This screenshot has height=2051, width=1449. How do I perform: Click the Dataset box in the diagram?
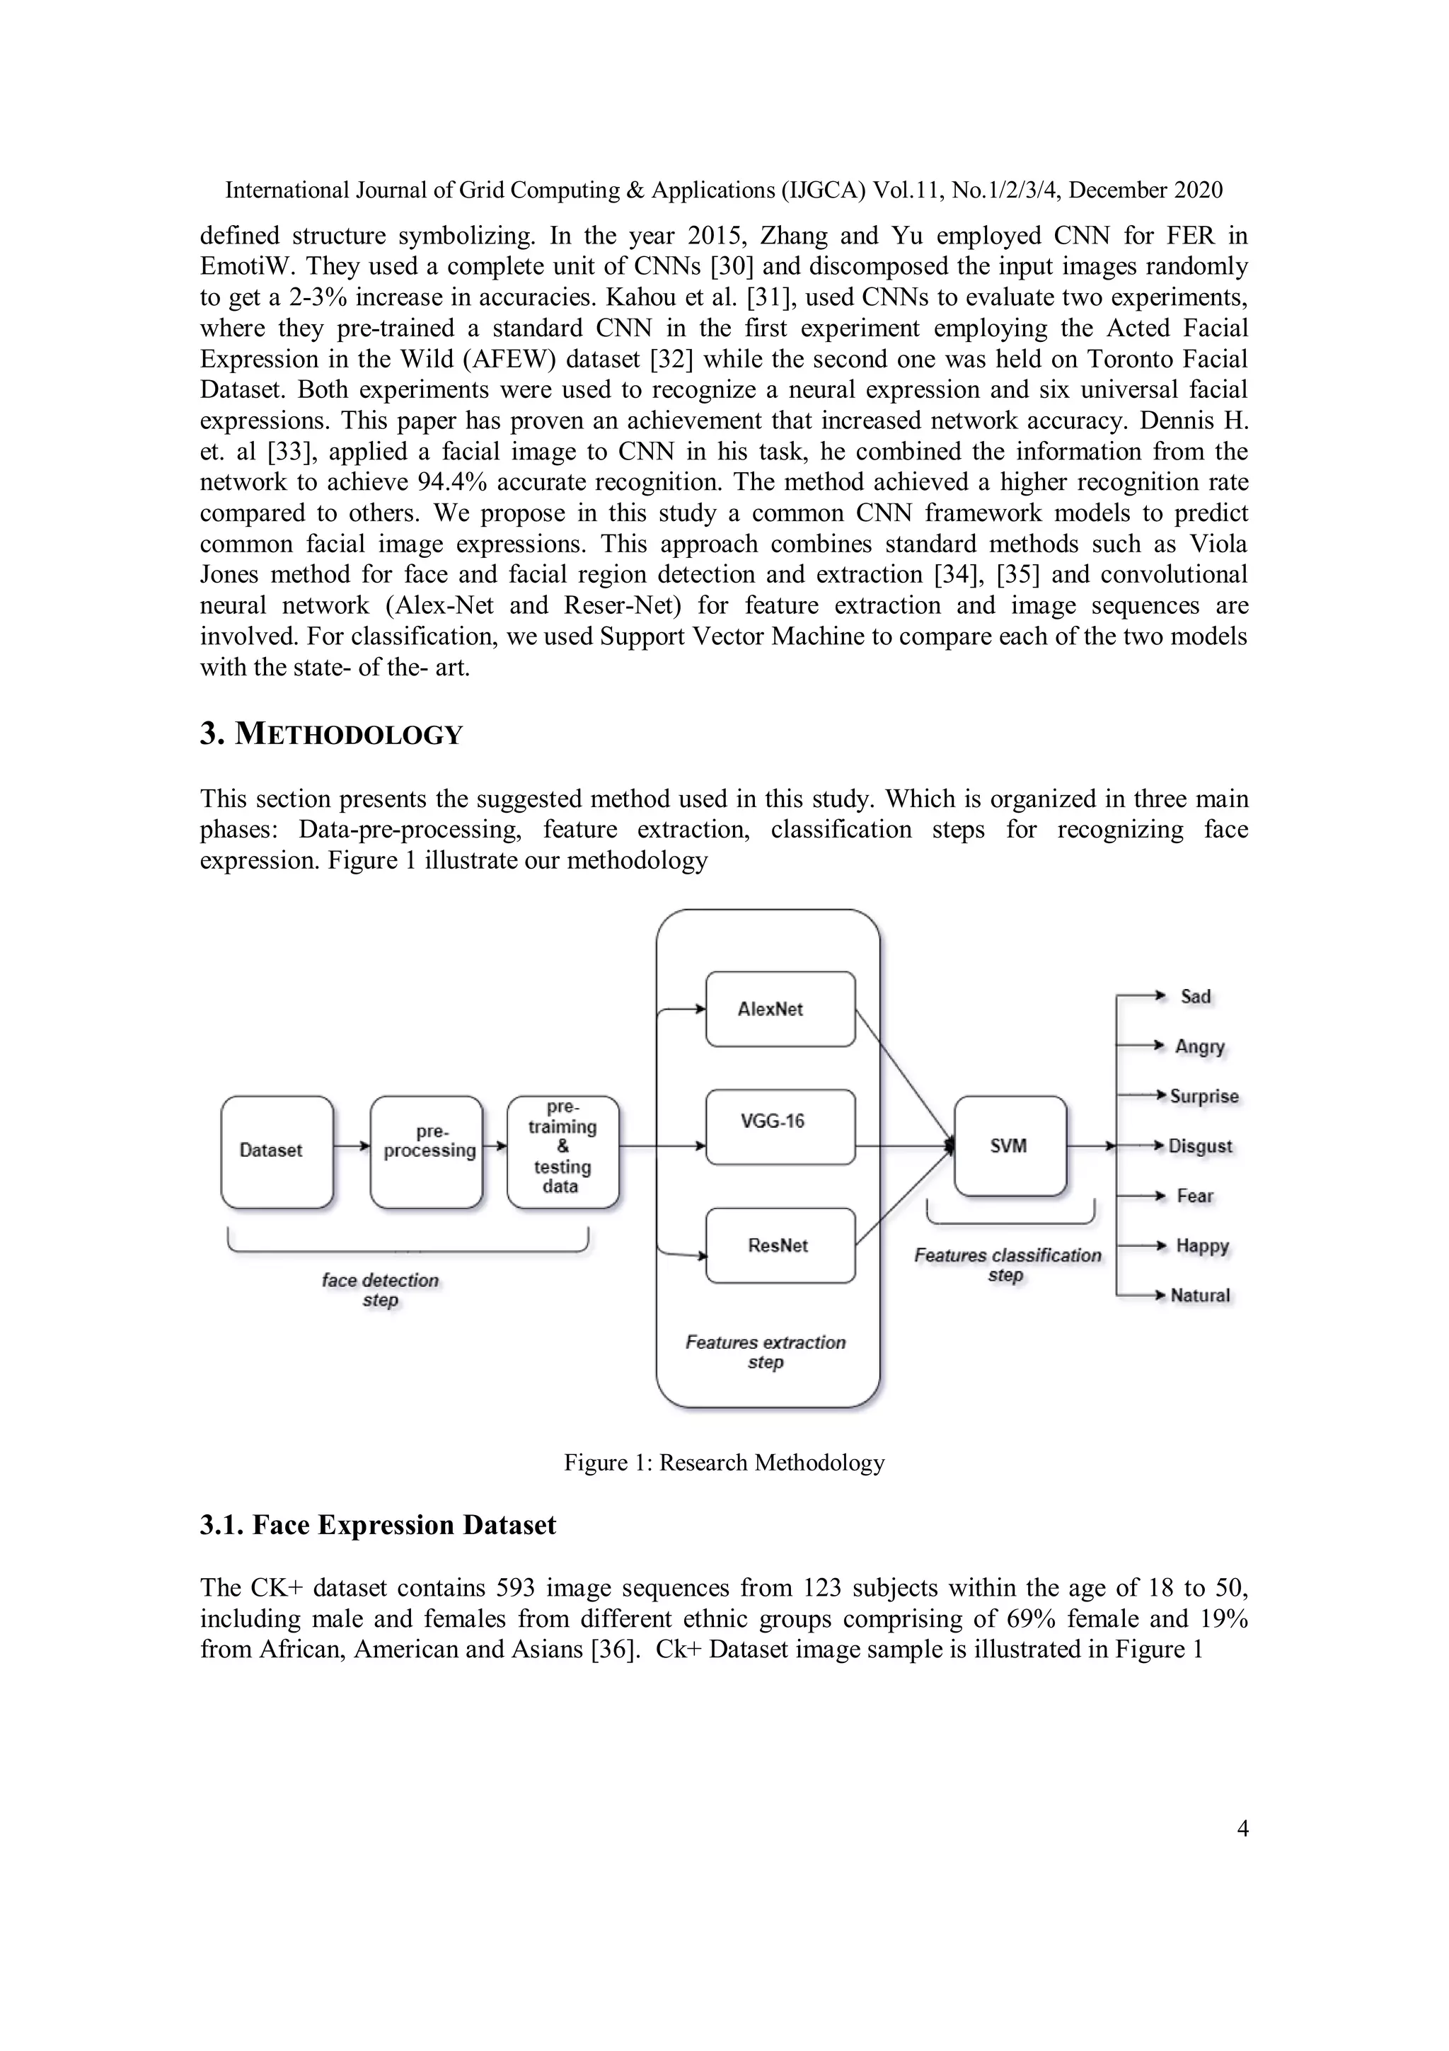[277, 1151]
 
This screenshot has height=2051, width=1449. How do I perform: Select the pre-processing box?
[427, 1151]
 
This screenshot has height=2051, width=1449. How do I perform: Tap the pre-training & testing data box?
[562, 1151]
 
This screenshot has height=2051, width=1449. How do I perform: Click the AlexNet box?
[780, 1009]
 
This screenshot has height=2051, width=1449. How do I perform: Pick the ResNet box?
[780, 1245]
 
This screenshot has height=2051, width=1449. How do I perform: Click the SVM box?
[1010, 1146]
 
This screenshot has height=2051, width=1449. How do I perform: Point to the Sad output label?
[1196, 997]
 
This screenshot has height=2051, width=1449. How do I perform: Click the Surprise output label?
[1203, 1096]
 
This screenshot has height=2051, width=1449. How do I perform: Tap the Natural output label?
[1200, 1296]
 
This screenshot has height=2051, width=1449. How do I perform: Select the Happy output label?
[1201, 1245]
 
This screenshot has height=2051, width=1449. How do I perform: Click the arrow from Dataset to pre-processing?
[352, 1146]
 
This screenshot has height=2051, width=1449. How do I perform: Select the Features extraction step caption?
[765, 1352]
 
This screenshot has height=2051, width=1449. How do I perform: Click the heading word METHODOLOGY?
[348, 734]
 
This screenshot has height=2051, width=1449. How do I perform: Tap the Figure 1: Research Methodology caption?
[724, 1463]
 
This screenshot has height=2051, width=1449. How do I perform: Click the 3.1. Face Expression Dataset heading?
[378, 1525]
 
